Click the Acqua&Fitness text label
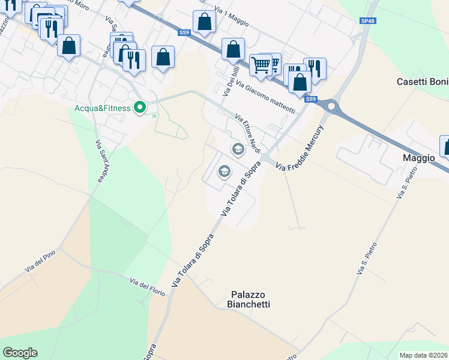(x=102, y=108)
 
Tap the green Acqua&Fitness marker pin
(x=140, y=108)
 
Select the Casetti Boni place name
(x=423, y=82)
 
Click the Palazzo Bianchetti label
(x=250, y=299)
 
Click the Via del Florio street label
(x=148, y=286)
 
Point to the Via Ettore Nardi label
(x=248, y=133)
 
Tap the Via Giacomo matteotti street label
(x=266, y=97)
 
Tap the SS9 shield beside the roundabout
(x=310, y=99)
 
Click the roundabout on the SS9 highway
(x=331, y=107)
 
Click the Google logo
(x=20, y=353)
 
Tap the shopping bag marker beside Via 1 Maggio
(x=204, y=23)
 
